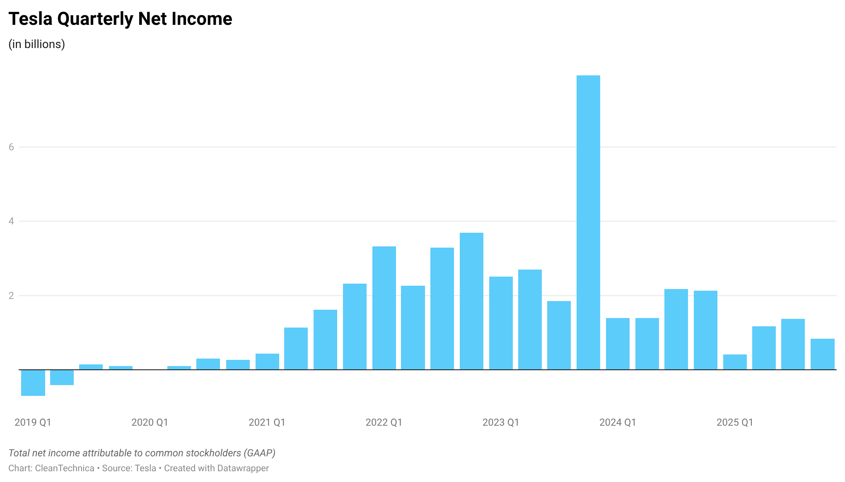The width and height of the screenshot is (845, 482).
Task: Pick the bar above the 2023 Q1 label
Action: [x=501, y=323]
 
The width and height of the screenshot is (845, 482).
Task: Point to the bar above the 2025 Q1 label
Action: [x=735, y=362]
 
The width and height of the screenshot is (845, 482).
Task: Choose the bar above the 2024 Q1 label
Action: [x=618, y=344]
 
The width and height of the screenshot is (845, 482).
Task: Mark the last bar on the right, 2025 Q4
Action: [x=822, y=354]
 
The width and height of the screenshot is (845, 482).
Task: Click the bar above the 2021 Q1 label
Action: [x=267, y=361]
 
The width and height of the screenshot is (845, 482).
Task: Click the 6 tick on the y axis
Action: [x=11, y=147]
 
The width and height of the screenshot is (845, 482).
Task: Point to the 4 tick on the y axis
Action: [x=11, y=221]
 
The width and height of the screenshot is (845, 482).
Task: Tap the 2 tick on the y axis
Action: [x=11, y=296]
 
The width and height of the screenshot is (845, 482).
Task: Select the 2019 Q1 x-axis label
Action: [x=33, y=422]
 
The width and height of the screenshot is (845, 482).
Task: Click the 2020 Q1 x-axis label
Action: [x=150, y=422]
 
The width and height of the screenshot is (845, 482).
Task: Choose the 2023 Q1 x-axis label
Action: [x=500, y=422]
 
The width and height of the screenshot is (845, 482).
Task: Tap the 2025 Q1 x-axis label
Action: [x=734, y=422]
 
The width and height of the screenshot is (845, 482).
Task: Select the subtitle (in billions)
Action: [x=36, y=44]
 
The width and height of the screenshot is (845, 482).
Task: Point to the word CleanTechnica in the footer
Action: [x=65, y=468]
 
